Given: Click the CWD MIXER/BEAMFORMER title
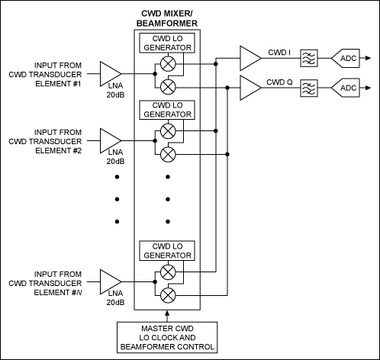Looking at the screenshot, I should click(167, 19).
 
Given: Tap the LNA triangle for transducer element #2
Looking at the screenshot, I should click(110, 140).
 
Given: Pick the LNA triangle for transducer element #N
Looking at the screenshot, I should click(110, 281).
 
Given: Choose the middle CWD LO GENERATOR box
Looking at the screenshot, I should click(167, 111).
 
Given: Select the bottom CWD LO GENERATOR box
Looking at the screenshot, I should click(167, 251).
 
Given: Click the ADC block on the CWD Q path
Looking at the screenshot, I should click(347, 88).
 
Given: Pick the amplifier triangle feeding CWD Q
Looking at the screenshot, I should click(250, 88).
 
